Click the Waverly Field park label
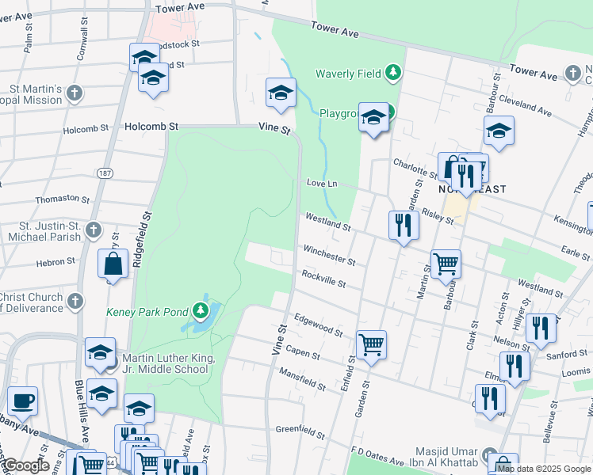(349, 74)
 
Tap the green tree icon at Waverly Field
(392, 74)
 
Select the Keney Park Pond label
(147, 311)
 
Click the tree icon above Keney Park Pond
(205, 310)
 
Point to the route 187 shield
(104, 173)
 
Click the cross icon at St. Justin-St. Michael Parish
(94, 231)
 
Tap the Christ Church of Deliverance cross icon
(75, 302)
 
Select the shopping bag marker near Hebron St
(113, 265)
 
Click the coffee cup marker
(23, 401)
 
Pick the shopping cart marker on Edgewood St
(371, 344)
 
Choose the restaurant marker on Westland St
(404, 226)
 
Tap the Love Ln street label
(322, 184)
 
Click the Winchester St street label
(328, 254)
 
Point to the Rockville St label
(323, 279)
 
